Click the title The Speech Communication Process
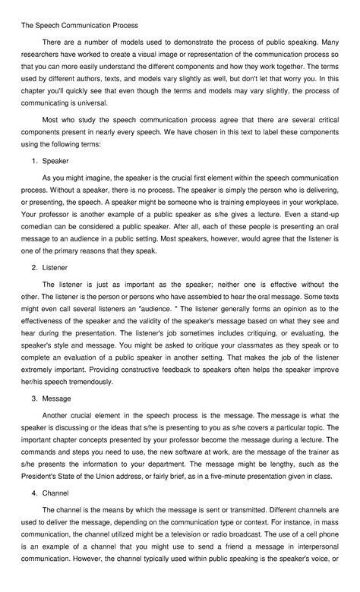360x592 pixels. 74,25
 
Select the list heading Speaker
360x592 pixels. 55,160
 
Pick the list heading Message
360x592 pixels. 57,398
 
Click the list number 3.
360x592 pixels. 34,398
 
